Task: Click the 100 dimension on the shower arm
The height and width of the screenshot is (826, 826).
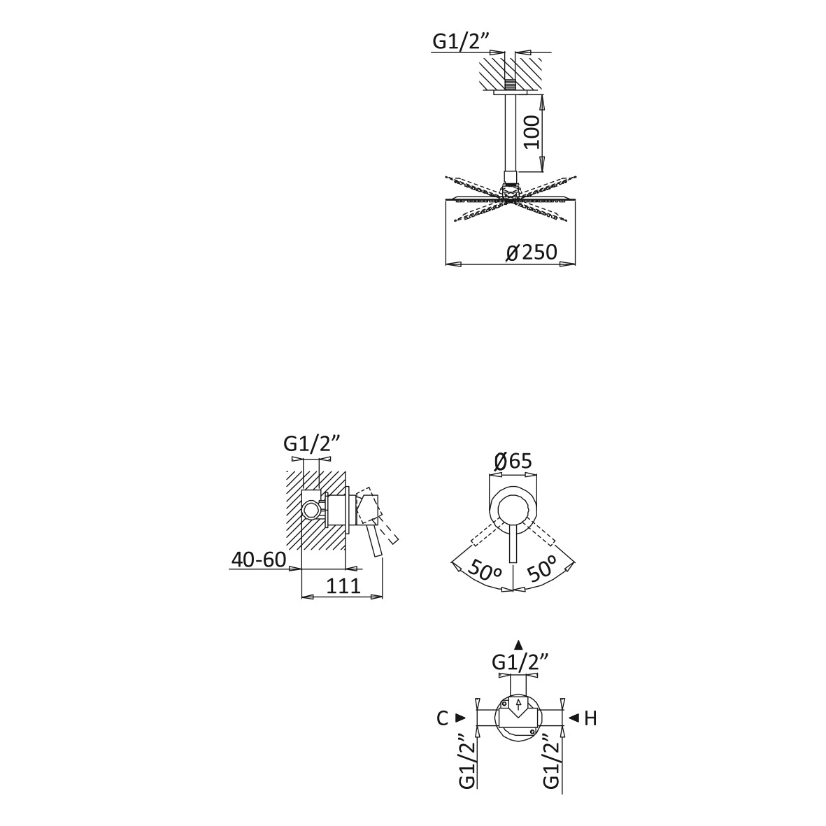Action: [x=532, y=132]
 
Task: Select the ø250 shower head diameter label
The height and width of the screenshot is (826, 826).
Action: [x=531, y=252]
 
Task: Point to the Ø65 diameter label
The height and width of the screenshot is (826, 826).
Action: [x=513, y=462]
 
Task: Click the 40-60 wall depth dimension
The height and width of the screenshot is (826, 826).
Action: [x=259, y=560]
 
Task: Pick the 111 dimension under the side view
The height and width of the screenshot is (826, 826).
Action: [x=343, y=585]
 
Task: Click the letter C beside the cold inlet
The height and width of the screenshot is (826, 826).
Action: [x=442, y=718]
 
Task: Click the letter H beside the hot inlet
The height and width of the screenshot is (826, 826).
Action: [x=590, y=718]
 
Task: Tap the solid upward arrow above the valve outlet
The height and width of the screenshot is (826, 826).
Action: [x=518, y=644]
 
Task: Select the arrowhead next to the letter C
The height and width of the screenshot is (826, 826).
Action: [x=460, y=718]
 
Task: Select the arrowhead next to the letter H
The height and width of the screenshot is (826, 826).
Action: [x=574, y=718]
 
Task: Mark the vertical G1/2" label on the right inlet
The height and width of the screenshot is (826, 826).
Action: [x=551, y=760]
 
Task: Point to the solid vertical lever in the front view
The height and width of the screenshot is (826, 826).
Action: [x=513, y=544]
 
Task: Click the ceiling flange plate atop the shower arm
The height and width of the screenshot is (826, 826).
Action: [x=511, y=93]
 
